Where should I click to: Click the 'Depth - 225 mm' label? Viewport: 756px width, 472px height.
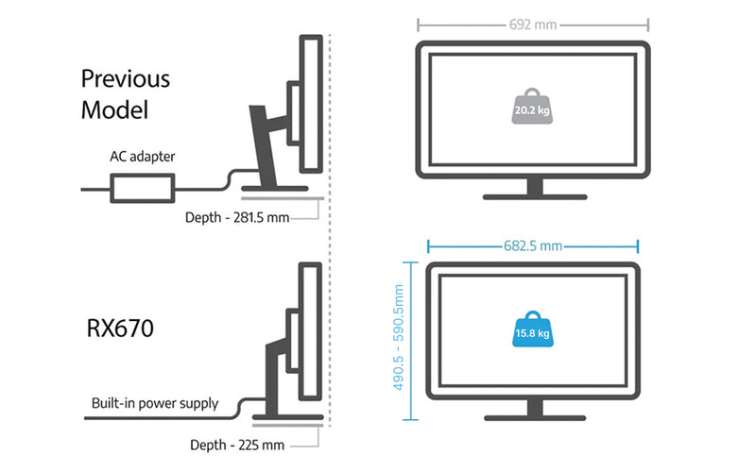point(238,444)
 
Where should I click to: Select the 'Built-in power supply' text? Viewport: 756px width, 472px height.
point(155,403)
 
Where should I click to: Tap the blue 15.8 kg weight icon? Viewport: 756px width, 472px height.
point(533,331)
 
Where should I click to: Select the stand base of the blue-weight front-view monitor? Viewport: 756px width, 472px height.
point(534,418)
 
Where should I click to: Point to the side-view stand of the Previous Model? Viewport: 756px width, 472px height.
point(264,142)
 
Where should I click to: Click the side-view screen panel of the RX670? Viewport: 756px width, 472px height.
point(309,326)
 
